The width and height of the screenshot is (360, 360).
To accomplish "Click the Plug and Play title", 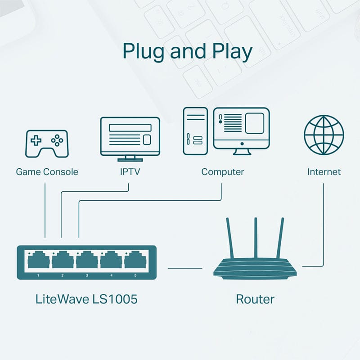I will pyautogui.click(x=187, y=51).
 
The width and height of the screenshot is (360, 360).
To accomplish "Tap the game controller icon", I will pyautogui.click(x=46, y=144).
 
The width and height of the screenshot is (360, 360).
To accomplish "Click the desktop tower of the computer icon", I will pyautogui.click(x=195, y=131).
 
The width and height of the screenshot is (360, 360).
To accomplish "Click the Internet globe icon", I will pyautogui.click(x=324, y=135).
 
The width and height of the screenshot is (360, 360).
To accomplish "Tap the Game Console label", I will pyautogui.click(x=47, y=172).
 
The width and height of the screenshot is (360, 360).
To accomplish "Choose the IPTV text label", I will pyautogui.click(x=130, y=172).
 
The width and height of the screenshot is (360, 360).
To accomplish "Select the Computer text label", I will pyautogui.click(x=223, y=172).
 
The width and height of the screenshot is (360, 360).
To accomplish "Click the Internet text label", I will pyautogui.click(x=324, y=172).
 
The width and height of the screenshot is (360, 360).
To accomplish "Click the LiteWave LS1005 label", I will pyautogui.click(x=86, y=299).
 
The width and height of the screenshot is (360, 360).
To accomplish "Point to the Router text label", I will pyautogui.click(x=255, y=299).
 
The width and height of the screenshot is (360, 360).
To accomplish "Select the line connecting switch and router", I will pyautogui.click(x=185, y=268).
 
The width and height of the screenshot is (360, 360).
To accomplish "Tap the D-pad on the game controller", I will pyautogui.click(x=36, y=140).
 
